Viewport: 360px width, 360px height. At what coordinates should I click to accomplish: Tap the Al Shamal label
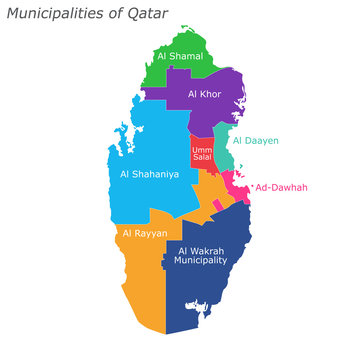point(180,57)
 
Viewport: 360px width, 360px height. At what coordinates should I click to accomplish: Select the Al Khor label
point(204,94)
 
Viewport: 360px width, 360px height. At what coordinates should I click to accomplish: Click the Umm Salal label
point(202,155)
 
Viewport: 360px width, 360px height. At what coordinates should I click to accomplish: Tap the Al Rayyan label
point(145,233)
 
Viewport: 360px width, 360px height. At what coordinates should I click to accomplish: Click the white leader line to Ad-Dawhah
point(250,187)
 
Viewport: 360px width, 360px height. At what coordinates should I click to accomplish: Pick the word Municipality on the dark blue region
point(201,260)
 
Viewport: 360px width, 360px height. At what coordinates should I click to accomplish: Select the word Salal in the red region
point(202,160)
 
